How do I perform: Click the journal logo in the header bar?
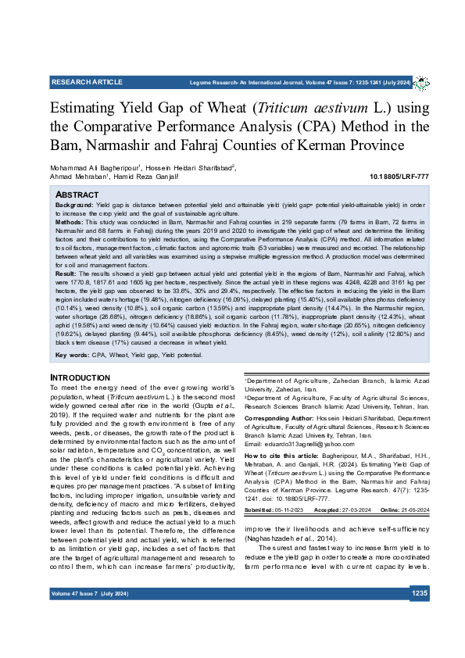pyautogui.click(x=421, y=82)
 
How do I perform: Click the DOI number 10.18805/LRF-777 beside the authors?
pyautogui.click(x=399, y=177)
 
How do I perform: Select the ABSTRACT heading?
pyautogui.click(x=77, y=194)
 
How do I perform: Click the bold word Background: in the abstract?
pyautogui.click(x=74, y=204)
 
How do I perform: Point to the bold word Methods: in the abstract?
pyautogui.click(x=70, y=222)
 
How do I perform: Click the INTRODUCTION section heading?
pyautogui.click(x=80, y=378)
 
